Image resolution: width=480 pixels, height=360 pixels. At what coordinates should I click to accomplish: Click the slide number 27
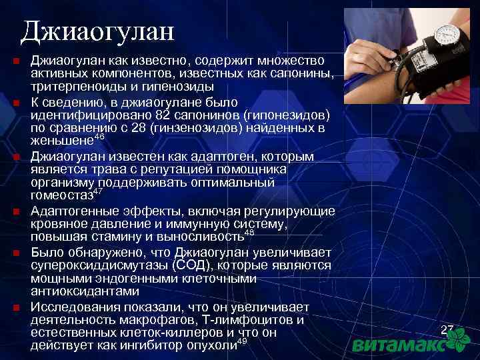click(447, 329)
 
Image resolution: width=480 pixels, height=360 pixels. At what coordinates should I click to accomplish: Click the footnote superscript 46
click(99, 136)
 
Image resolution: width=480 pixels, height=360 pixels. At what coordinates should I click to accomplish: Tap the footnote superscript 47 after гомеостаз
click(97, 191)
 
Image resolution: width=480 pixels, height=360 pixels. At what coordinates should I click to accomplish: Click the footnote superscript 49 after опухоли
click(242, 341)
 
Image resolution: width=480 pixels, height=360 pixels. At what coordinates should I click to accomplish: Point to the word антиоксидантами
click(85, 291)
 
